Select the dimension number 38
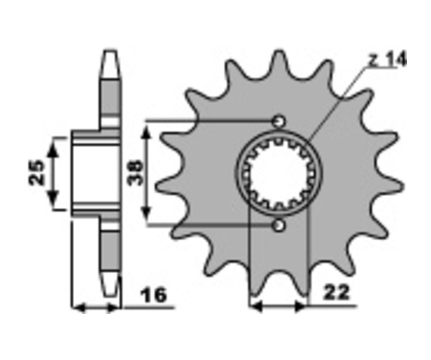135,173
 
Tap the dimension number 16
154,295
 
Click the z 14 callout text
387,60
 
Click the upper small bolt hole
279,121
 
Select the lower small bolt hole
279,225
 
